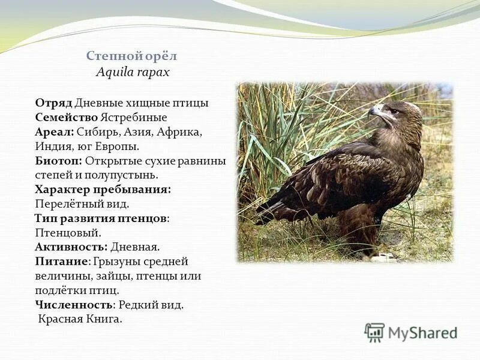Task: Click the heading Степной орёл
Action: [131, 56]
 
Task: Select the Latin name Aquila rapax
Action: [133, 72]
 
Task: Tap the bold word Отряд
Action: [53, 103]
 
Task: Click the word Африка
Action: [181, 132]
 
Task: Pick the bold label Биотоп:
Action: [58, 161]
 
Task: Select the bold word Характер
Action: [63, 190]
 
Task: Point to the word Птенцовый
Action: [68, 233]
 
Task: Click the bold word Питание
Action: [62, 262]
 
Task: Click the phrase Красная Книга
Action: [80, 319]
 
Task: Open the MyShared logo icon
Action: [374, 332]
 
